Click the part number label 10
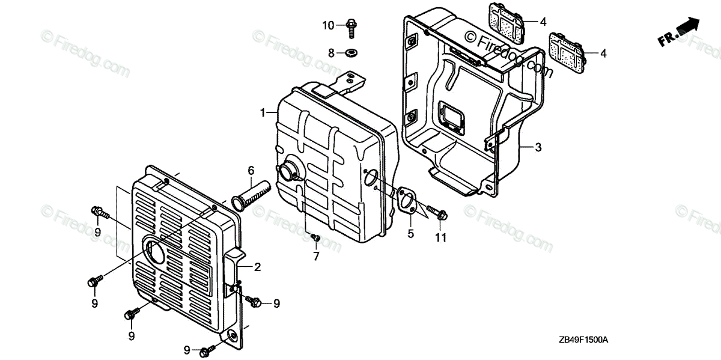(327, 25)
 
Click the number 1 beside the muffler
(263, 112)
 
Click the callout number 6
(251, 171)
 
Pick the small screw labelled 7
(314, 239)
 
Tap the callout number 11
(441, 238)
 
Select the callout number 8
(330, 53)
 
